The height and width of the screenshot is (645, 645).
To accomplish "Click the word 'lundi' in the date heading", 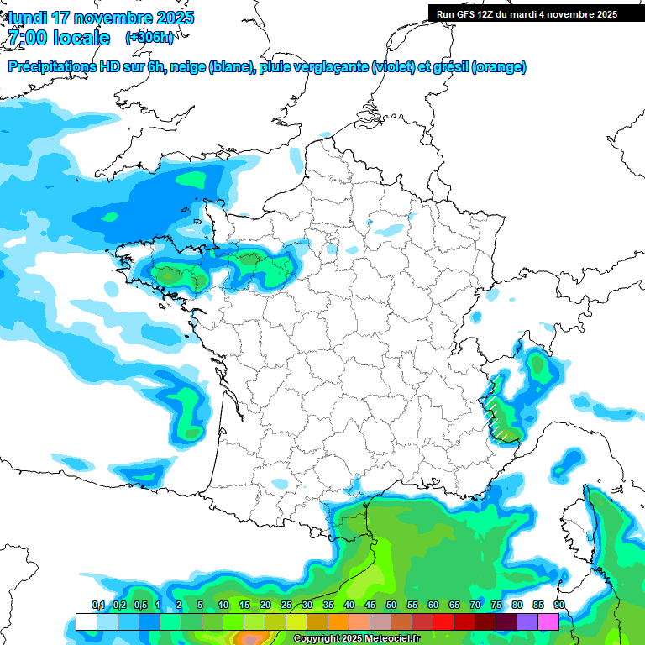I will [27, 18].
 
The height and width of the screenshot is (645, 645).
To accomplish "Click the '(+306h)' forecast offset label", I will [149, 37].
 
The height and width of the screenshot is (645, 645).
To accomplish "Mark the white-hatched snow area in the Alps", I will [501, 412].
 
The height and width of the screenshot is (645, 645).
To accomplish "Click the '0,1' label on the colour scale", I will [97, 605].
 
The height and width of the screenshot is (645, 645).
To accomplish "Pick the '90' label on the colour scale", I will [559, 605].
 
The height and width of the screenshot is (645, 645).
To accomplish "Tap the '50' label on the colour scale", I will [391, 605].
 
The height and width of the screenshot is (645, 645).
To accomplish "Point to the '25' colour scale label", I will [286, 605].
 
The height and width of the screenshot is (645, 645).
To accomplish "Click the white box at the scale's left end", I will [86, 621].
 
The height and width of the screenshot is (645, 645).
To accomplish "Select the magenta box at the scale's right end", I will [548, 621].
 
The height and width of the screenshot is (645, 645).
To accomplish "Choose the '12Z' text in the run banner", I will [490, 14].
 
